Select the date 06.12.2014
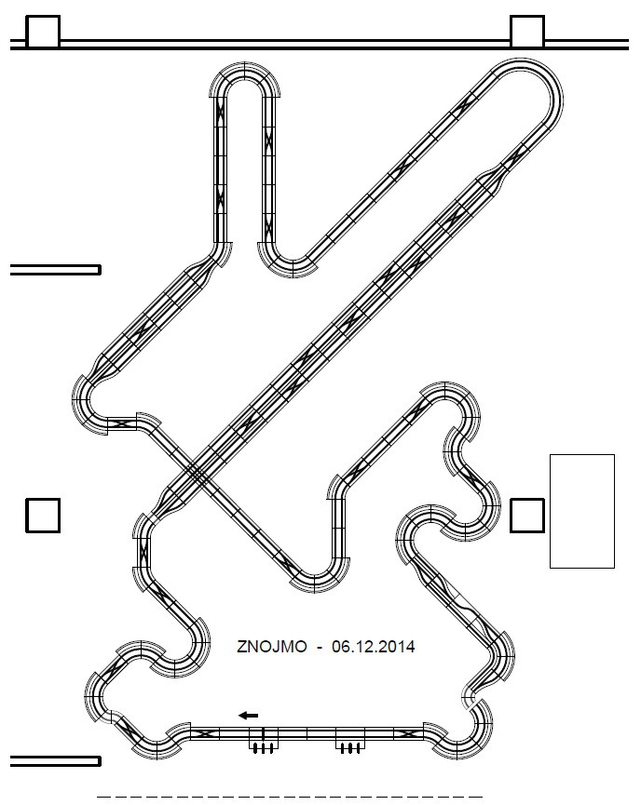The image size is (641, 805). click(374, 647)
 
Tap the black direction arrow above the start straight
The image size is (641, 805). click(249, 715)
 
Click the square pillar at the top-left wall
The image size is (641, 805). click(43, 32)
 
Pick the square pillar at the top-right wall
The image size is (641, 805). click(527, 32)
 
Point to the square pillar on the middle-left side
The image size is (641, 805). click(43, 516)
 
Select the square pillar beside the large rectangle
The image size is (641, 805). click(527, 516)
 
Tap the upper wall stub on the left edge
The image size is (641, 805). click(56, 270)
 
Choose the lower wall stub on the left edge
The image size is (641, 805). click(56, 761)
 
